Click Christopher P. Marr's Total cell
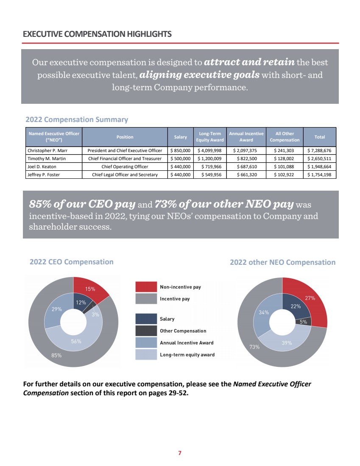pyautogui.click(x=321, y=150)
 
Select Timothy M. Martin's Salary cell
pyautogui.click(x=180, y=158)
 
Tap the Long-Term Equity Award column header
pyautogui.click(x=209, y=137)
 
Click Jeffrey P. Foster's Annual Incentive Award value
pyautogui.click(x=246, y=175)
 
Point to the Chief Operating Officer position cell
pyautogui.click(x=125, y=166)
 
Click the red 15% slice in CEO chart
pyautogui.click(x=90, y=289)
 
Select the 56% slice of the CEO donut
pyautogui.click(x=76, y=341)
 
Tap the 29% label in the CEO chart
pyautogui.click(x=57, y=309)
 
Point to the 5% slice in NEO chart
pyautogui.click(x=304, y=322)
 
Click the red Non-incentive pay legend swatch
pyautogui.click(x=146, y=287)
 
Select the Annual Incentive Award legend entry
pyautogui.click(x=187, y=343)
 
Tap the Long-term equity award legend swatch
pyautogui.click(x=146, y=355)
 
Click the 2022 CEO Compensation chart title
pyautogui.click(x=72, y=262)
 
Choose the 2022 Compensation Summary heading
pyautogui.click(x=77, y=119)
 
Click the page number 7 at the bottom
pyautogui.click(x=180, y=453)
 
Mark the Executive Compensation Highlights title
pyautogui.click(x=98, y=34)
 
